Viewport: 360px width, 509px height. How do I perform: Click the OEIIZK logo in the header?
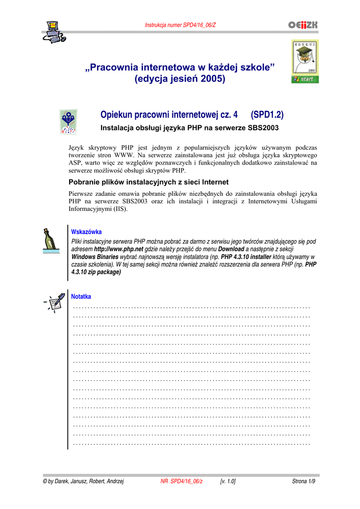302,25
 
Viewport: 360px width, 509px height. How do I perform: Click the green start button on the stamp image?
305,79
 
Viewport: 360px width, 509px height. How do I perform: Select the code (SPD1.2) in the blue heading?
267,115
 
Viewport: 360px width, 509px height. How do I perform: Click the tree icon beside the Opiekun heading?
68,122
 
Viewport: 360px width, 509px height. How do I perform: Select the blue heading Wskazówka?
87,232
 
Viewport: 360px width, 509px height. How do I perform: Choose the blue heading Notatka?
82,297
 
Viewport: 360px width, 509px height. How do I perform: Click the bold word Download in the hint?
231,249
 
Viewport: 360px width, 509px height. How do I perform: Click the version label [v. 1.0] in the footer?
227,482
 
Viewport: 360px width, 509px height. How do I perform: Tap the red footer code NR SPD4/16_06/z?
181,482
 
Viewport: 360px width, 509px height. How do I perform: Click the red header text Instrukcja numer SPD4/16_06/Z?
180,25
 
